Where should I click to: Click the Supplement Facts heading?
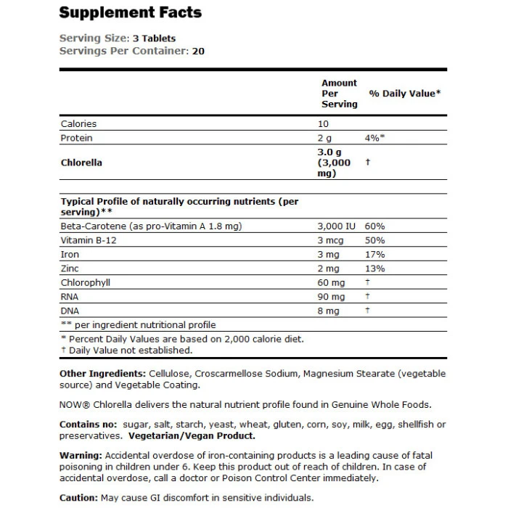click(130, 12)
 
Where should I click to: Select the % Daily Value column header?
click(405, 94)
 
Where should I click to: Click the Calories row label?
click(78, 124)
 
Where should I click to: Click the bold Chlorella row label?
click(81, 163)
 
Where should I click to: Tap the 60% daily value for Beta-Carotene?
click(375, 226)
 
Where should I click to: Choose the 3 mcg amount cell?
click(332, 241)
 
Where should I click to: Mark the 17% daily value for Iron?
click(375, 255)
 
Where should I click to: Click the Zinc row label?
click(70, 269)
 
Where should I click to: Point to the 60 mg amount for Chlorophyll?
click(331, 282)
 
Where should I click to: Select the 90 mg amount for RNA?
click(331, 296)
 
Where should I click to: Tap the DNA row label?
click(70, 310)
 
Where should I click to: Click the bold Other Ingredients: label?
click(102, 373)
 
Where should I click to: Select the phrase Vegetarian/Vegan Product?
click(190, 436)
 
